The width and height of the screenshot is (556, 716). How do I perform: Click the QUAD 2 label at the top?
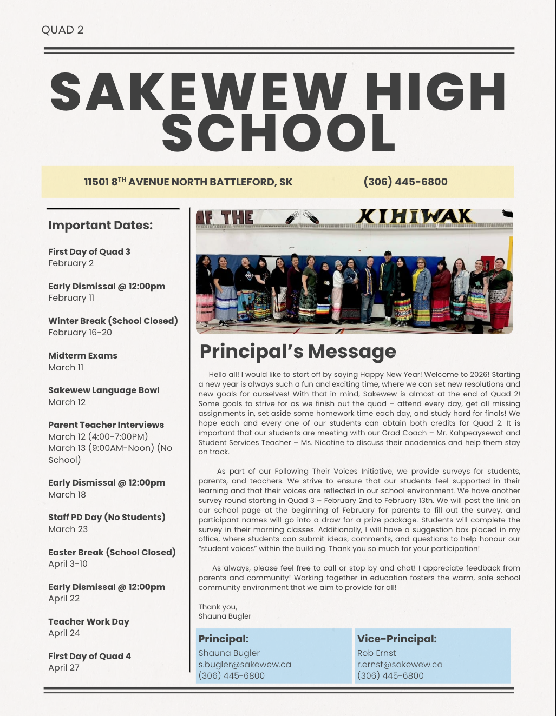click(62, 30)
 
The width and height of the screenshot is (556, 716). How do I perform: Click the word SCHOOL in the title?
click(278, 133)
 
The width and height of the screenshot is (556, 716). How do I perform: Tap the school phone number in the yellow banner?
click(405, 182)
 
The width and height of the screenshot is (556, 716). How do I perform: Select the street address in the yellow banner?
click(188, 182)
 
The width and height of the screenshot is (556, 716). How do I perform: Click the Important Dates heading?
click(100, 225)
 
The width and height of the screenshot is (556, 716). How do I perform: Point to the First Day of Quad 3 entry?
click(89, 251)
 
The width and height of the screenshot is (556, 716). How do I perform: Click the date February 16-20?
click(80, 332)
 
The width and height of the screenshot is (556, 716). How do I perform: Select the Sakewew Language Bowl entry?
click(103, 390)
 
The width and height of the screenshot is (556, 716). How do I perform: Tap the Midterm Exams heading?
click(82, 355)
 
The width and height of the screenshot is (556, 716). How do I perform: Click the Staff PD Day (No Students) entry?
click(107, 517)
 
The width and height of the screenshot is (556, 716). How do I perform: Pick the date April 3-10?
click(68, 563)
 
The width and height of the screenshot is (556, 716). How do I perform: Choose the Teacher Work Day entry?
click(88, 621)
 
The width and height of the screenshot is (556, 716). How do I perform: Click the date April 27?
click(63, 667)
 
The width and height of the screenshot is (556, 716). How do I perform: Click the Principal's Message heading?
click(297, 352)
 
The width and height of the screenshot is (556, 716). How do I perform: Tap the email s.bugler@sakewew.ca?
click(244, 664)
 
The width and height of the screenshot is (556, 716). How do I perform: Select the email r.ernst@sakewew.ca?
click(400, 664)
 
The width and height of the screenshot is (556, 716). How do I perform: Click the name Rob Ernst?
click(376, 653)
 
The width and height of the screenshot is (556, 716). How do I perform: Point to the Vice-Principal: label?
click(396, 639)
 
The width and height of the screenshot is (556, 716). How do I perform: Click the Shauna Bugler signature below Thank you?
click(224, 616)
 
